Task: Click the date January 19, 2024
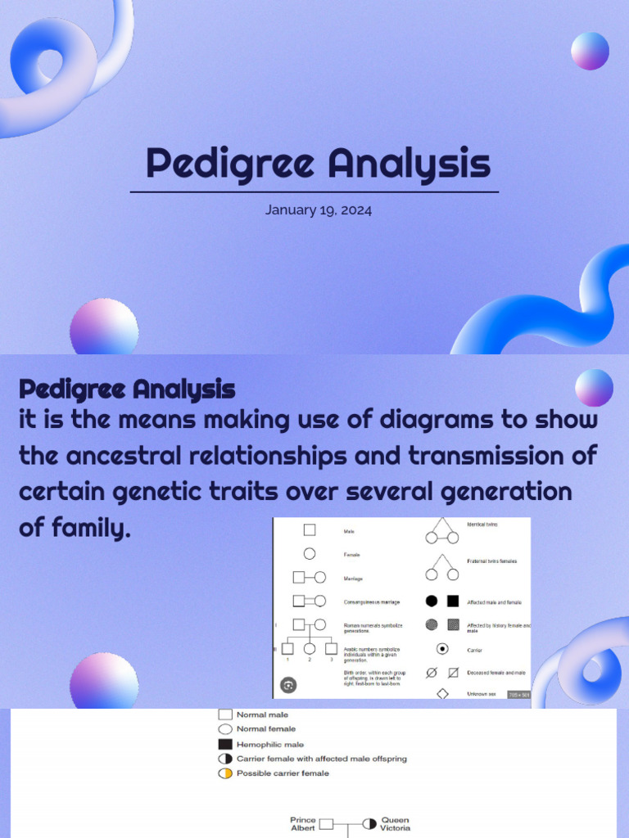click(x=319, y=210)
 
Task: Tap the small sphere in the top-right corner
click(x=590, y=51)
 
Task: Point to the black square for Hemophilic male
click(x=225, y=744)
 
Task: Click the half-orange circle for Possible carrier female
click(x=225, y=773)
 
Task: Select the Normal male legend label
click(x=262, y=714)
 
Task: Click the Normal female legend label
click(x=266, y=728)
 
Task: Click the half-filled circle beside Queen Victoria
click(x=369, y=823)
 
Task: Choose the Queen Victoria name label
click(x=395, y=823)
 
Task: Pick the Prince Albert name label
click(x=303, y=823)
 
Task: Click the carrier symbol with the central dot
click(x=442, y=649)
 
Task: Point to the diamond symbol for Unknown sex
click(x=442, y=694)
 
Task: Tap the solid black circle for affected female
click(x=432, y=601)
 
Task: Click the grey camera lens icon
click(x=288, y=685)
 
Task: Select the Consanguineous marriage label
click(x=372, y=602)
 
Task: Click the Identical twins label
click(x=482, y=524)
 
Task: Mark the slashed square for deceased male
click(x=453, y=673)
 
